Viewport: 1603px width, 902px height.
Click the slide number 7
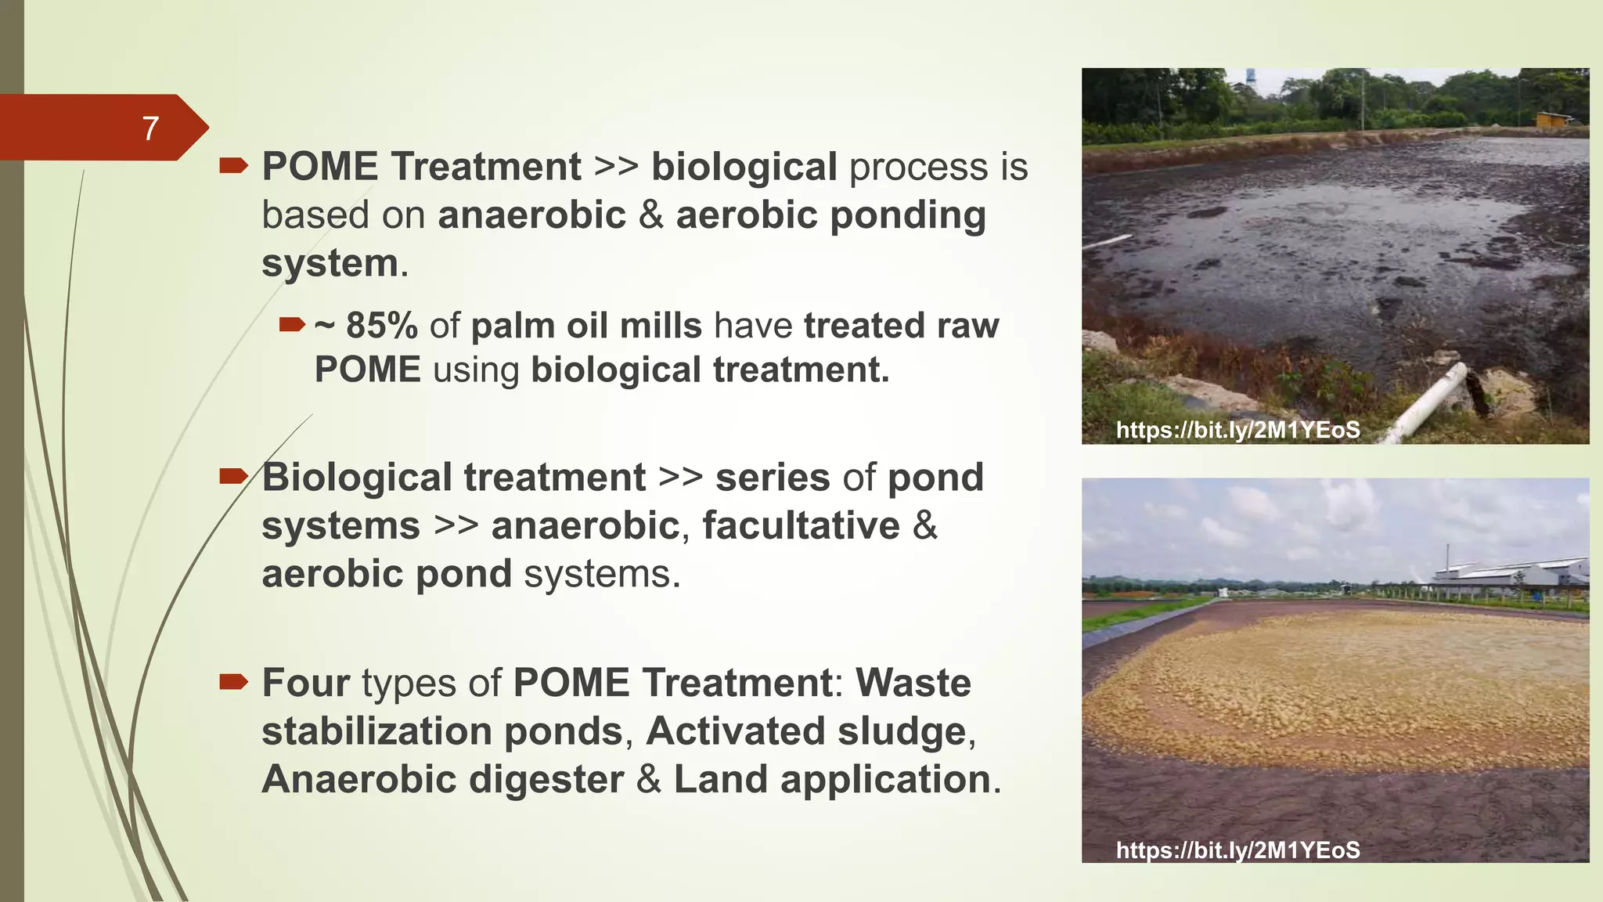click(x=150, y=128)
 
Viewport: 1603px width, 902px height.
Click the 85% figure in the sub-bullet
click(x=381, y=326)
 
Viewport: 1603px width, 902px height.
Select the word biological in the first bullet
click(x=744, y=167)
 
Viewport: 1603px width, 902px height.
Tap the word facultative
click(x=801, y=525)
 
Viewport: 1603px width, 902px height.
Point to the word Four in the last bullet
click(x=305, y=683)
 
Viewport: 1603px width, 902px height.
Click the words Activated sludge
click(x=806, y=731)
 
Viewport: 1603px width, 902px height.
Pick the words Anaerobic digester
click(x=442, y=780)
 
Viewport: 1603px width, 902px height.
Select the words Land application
click(x=832, y=780)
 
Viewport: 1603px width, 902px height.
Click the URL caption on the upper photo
click(x=1237, y=430)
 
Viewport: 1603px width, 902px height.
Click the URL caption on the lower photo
click(x=1237, y=850)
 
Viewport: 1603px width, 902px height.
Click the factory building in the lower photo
click(x=1511, y=576)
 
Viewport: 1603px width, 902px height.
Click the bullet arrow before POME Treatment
click(x=233, y=165)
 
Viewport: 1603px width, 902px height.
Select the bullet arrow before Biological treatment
click(x=233, y=475)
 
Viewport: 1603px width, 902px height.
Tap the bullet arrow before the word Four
click(x=233, y=681)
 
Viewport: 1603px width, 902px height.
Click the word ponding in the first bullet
click(x=907, y=215)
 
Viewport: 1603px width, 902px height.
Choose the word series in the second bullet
click(x=772, y=478)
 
